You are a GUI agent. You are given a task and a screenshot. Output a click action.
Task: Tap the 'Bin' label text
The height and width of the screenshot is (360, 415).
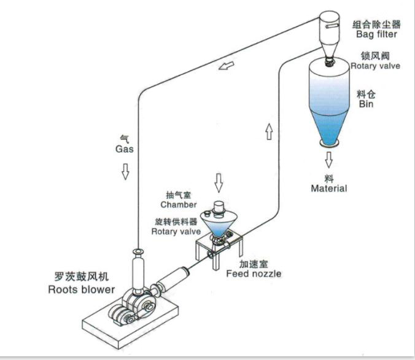coord(366,104)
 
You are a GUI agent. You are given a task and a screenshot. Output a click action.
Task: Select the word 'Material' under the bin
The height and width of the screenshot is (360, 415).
coord(328,188)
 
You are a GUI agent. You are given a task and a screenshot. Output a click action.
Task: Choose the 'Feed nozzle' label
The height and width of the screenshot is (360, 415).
coord(254,273)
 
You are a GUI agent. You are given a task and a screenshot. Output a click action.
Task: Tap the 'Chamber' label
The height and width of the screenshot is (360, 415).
coord(179,205)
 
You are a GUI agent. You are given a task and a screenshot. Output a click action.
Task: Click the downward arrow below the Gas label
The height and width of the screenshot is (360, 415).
coord(125,170)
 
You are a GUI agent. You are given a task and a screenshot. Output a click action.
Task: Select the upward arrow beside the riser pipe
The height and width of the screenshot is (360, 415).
coord(268,131)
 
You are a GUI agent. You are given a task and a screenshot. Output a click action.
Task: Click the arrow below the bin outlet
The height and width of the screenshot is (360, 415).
coord(329,160)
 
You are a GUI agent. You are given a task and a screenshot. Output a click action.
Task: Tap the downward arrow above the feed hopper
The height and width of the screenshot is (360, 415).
coord(219,182)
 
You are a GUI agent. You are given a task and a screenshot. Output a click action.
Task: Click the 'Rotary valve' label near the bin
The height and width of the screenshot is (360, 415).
coord(376,66)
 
